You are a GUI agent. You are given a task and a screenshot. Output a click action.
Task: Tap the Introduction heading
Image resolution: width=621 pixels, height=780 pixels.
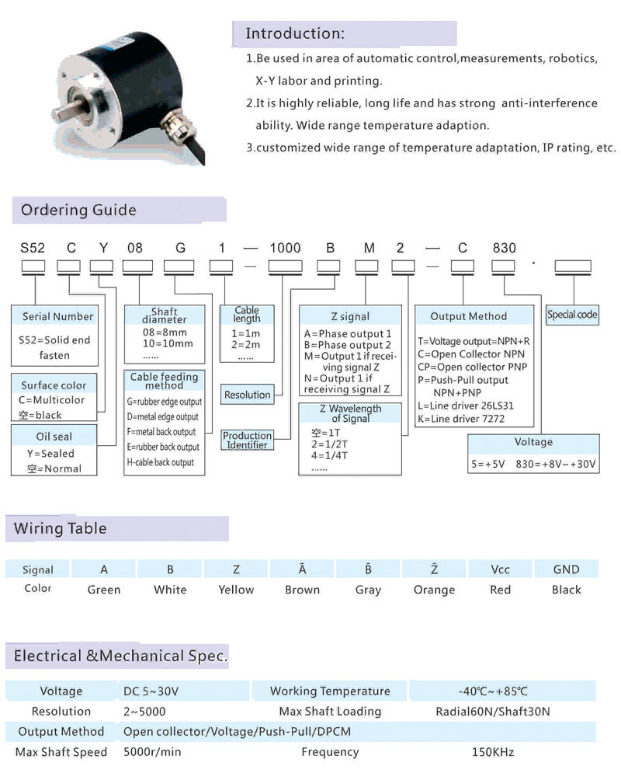pyautogui.click(x=294, y=33)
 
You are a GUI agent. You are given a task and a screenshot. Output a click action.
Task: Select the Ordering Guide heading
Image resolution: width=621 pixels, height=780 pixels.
pyautogui.click(x=78, y=210)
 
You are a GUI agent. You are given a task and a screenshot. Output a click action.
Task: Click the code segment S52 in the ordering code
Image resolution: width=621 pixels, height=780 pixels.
pyautogui.click(x=33, y=249)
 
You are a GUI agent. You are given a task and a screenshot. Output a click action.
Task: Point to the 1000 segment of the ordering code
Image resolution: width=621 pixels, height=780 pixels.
pyautogui.click(x=285, y=249)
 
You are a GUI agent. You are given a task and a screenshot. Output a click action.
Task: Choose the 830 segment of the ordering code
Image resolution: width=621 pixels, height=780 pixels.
pyautogui.click(x=505, y=249)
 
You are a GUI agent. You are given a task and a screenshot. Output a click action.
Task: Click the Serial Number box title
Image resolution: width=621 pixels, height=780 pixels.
pyautogui.click(x=57, y=316)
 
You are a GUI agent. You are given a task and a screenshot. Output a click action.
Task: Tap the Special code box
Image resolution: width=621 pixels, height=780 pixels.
pyautogui.click(x=572, y=315)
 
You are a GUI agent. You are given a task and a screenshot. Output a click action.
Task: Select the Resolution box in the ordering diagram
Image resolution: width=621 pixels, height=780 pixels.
pyautogui.click(x=248, y=395)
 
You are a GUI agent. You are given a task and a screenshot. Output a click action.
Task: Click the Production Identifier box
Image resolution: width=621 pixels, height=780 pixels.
pyautogui.click(x=248, y=440)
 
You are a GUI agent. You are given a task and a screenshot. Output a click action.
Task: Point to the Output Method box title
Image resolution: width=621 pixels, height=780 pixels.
pyautogui.click(x=468, y=316)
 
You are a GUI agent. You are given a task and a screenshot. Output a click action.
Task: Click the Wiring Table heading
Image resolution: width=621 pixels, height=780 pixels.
pyautogui.click(x=61, y=528)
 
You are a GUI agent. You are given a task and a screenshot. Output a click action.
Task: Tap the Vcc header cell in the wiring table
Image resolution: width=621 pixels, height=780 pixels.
pyautogui.click(x=501, y=569)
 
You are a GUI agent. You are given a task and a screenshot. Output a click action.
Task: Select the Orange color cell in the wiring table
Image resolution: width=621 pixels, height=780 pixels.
pyautogui.click(x=434, y=590)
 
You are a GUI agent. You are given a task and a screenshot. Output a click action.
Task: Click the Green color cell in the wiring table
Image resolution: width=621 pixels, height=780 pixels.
pyautogui.click(x=104, y=590)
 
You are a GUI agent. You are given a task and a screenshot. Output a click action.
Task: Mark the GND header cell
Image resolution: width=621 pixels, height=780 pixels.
pyautogui.click(x=566, y=569)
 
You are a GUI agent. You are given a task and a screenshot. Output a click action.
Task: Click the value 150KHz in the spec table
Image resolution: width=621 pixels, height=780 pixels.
pyautogui.click(x=493, y=752)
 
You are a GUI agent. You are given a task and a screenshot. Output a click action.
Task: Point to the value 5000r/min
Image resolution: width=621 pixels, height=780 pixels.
pyautogui.click(x=153, y=752)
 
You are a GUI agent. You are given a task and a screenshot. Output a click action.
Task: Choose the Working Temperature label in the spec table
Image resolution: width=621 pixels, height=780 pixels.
pyautogui.click(x=330, y=691)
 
